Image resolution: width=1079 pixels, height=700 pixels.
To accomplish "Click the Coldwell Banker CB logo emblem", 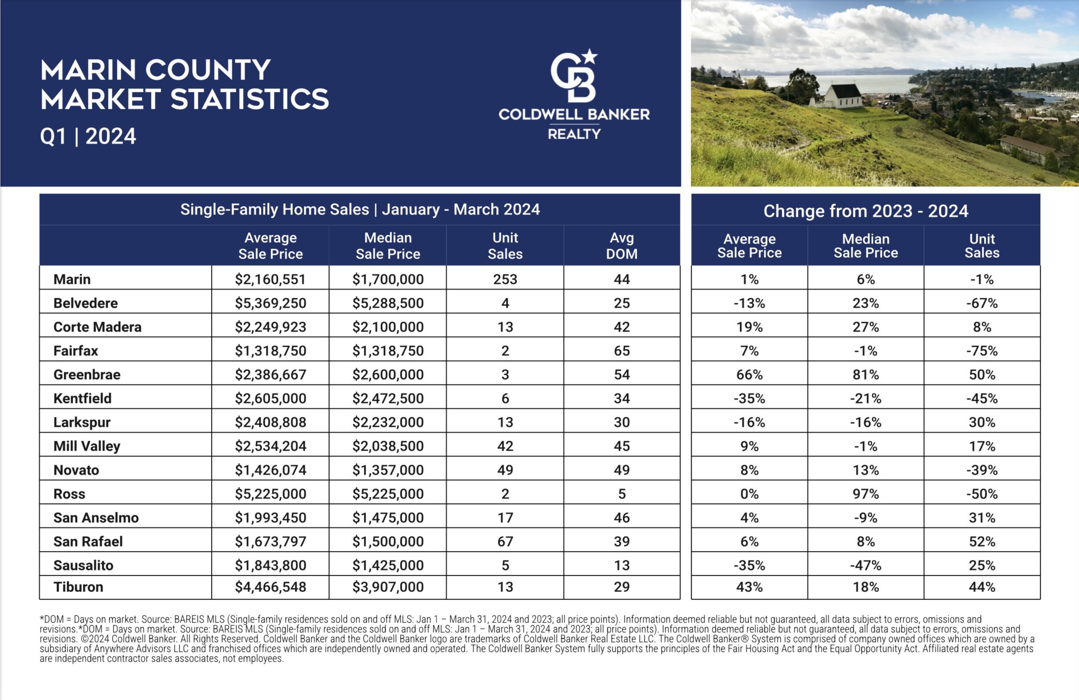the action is [573, 75].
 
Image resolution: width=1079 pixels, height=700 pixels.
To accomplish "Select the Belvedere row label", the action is [86, 303].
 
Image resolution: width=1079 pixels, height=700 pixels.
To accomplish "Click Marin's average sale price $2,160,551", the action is [270, 279].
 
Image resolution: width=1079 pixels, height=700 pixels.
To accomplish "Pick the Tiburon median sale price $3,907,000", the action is [388, 587].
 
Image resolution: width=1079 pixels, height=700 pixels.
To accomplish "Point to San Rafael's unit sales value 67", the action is [505, 541].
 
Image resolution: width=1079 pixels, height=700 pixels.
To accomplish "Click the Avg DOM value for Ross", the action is [621, 494].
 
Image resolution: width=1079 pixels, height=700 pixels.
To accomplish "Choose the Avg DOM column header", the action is [621, 246].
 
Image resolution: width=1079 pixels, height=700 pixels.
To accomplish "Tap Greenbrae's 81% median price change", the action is [865, 374].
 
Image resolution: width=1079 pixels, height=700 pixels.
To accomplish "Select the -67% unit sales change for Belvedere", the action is [982, 303].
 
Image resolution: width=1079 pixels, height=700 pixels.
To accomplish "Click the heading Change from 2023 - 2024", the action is [865, 211].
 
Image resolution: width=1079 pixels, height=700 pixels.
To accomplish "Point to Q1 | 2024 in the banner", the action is [88, 136].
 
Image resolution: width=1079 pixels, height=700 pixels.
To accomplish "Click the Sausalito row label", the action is [83, 566].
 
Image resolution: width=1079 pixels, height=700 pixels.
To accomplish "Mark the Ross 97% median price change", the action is [865, 494].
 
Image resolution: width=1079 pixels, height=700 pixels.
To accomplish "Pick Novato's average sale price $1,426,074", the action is [270, 470].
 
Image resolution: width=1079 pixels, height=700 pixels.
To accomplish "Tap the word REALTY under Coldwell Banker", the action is [574, 134].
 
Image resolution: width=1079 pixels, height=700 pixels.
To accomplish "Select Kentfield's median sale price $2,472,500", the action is [388, 398].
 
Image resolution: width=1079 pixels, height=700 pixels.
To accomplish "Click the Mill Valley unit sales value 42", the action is [505, 446].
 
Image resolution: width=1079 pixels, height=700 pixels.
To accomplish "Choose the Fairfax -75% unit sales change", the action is [982, 351].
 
